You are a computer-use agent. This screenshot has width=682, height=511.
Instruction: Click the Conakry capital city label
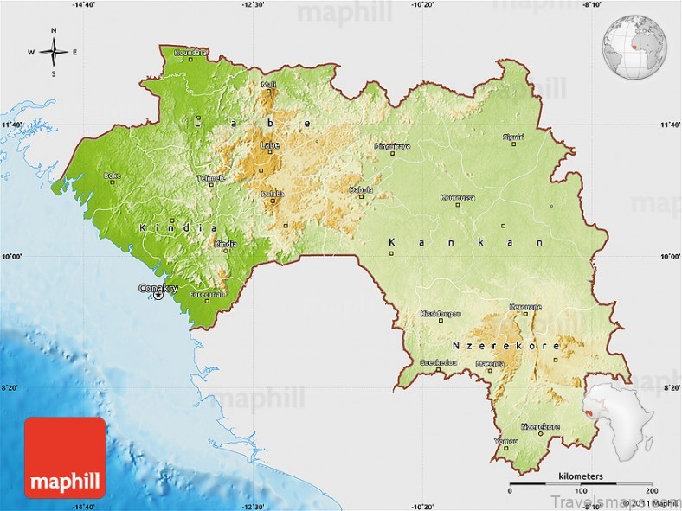coord(159,288)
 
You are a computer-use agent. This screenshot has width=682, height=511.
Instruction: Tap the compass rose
coord(53,52)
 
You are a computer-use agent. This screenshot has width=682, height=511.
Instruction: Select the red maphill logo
coord(65,457)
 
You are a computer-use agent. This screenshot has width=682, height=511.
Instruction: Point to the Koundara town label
coord(190,53)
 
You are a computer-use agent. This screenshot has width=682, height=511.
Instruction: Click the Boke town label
coord(112,176)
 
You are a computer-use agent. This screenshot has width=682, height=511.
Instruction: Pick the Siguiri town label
coord(513,137)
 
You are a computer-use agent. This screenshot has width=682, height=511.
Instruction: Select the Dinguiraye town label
coord(392,146)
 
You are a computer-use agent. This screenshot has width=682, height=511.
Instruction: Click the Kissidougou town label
coord(440,313)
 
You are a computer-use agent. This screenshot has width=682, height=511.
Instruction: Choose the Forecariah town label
coord(208,294)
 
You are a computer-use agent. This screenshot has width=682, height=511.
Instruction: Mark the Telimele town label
coord(210,178)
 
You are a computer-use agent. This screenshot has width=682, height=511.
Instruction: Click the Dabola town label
coord(361,189)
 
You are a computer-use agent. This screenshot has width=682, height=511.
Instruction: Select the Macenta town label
coord(490,364)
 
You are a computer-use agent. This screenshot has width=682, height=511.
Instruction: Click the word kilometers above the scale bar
coord(581,476)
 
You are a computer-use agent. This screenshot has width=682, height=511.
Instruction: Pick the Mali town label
coord(269,85)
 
